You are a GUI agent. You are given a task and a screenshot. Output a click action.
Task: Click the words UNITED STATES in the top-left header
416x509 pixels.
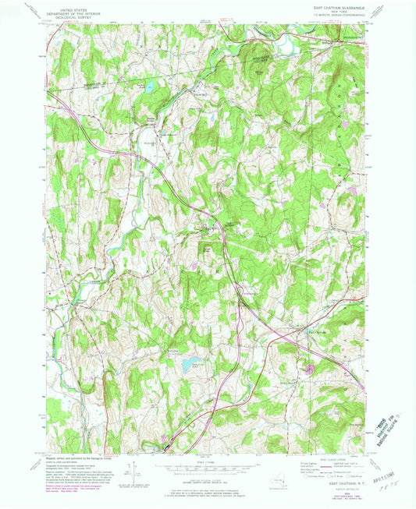click(68, 6)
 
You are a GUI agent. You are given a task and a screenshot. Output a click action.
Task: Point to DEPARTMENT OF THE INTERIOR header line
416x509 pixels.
click(68, 10)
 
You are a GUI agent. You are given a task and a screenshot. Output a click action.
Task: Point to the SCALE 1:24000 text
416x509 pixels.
click(207, 461)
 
